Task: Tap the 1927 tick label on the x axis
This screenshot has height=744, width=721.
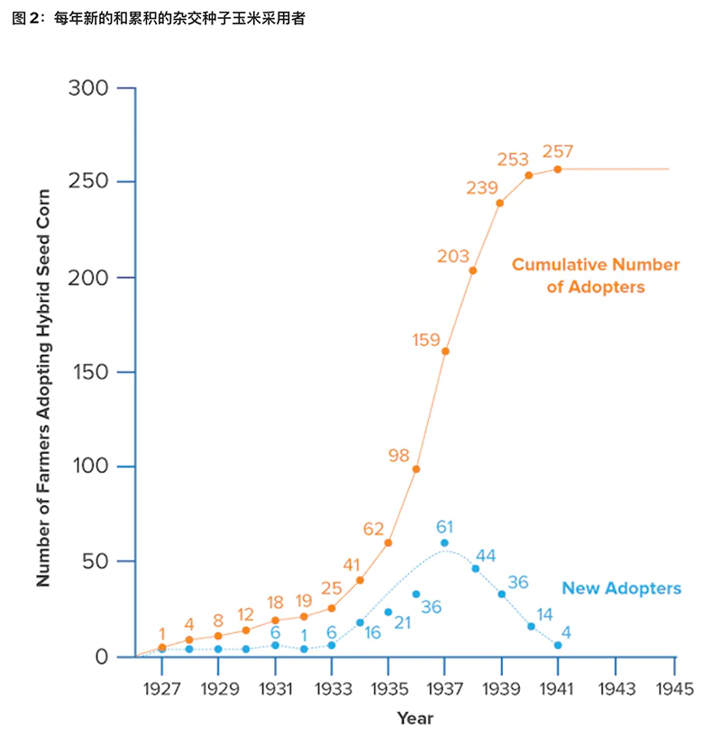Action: click(161, 689)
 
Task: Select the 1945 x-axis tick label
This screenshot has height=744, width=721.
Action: click(672, 689)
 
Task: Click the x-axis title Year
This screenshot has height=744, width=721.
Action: click(415, 719)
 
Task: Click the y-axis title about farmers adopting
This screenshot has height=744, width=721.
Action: click(43, 371)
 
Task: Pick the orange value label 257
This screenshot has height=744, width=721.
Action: click(558, 151)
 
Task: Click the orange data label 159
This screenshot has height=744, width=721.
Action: click(425, 340)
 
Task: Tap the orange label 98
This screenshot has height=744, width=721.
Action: click(399, 456)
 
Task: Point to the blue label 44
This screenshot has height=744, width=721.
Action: click(486, 556)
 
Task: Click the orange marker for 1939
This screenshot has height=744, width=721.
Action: click(500, 203)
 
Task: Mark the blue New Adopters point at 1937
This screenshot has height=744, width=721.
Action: click(444, 542)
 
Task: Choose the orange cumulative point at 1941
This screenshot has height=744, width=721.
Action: click(558, 168)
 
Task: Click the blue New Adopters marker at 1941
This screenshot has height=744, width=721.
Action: click(558, 645)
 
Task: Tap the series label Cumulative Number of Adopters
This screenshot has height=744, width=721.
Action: click(596, 276)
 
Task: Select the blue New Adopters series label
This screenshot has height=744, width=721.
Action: click(621, 589)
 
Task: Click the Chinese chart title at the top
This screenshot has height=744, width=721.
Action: click(159, 19)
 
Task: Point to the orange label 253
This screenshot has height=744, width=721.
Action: click(513, 159)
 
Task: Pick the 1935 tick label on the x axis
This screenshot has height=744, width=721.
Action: click(388, 689)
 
